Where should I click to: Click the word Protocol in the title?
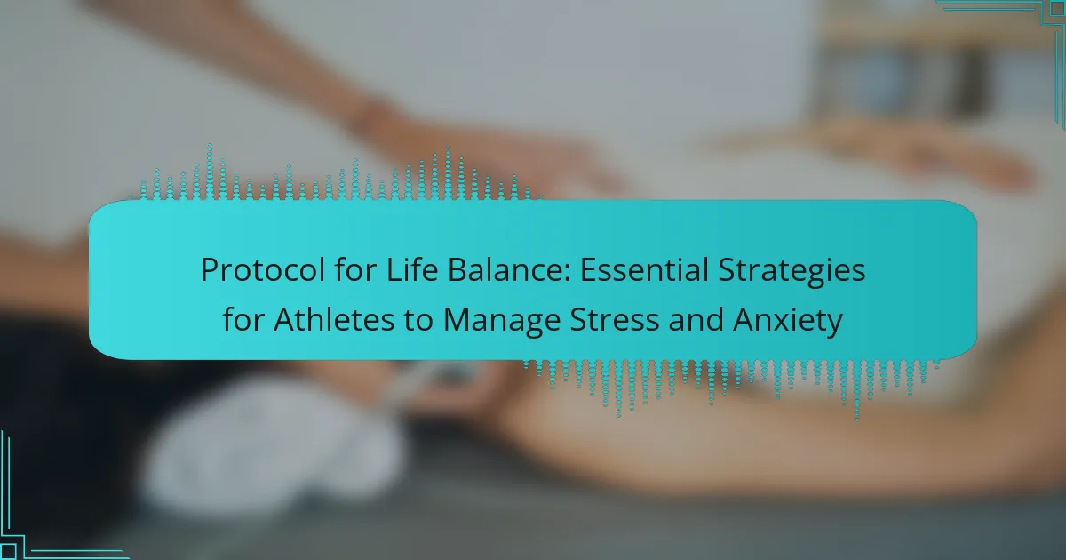coord(263,270)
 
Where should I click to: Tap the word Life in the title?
coord(411,269)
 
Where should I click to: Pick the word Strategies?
coord(792,271)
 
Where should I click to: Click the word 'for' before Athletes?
coord(243,319)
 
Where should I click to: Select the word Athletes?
coord(334,319)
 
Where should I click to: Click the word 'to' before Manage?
coord(418,320)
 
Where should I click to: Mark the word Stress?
coord(615,319)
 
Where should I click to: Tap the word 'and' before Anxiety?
coord(696,319)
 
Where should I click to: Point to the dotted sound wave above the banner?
coord(336,174)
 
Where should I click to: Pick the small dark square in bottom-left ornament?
coord(8,552)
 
